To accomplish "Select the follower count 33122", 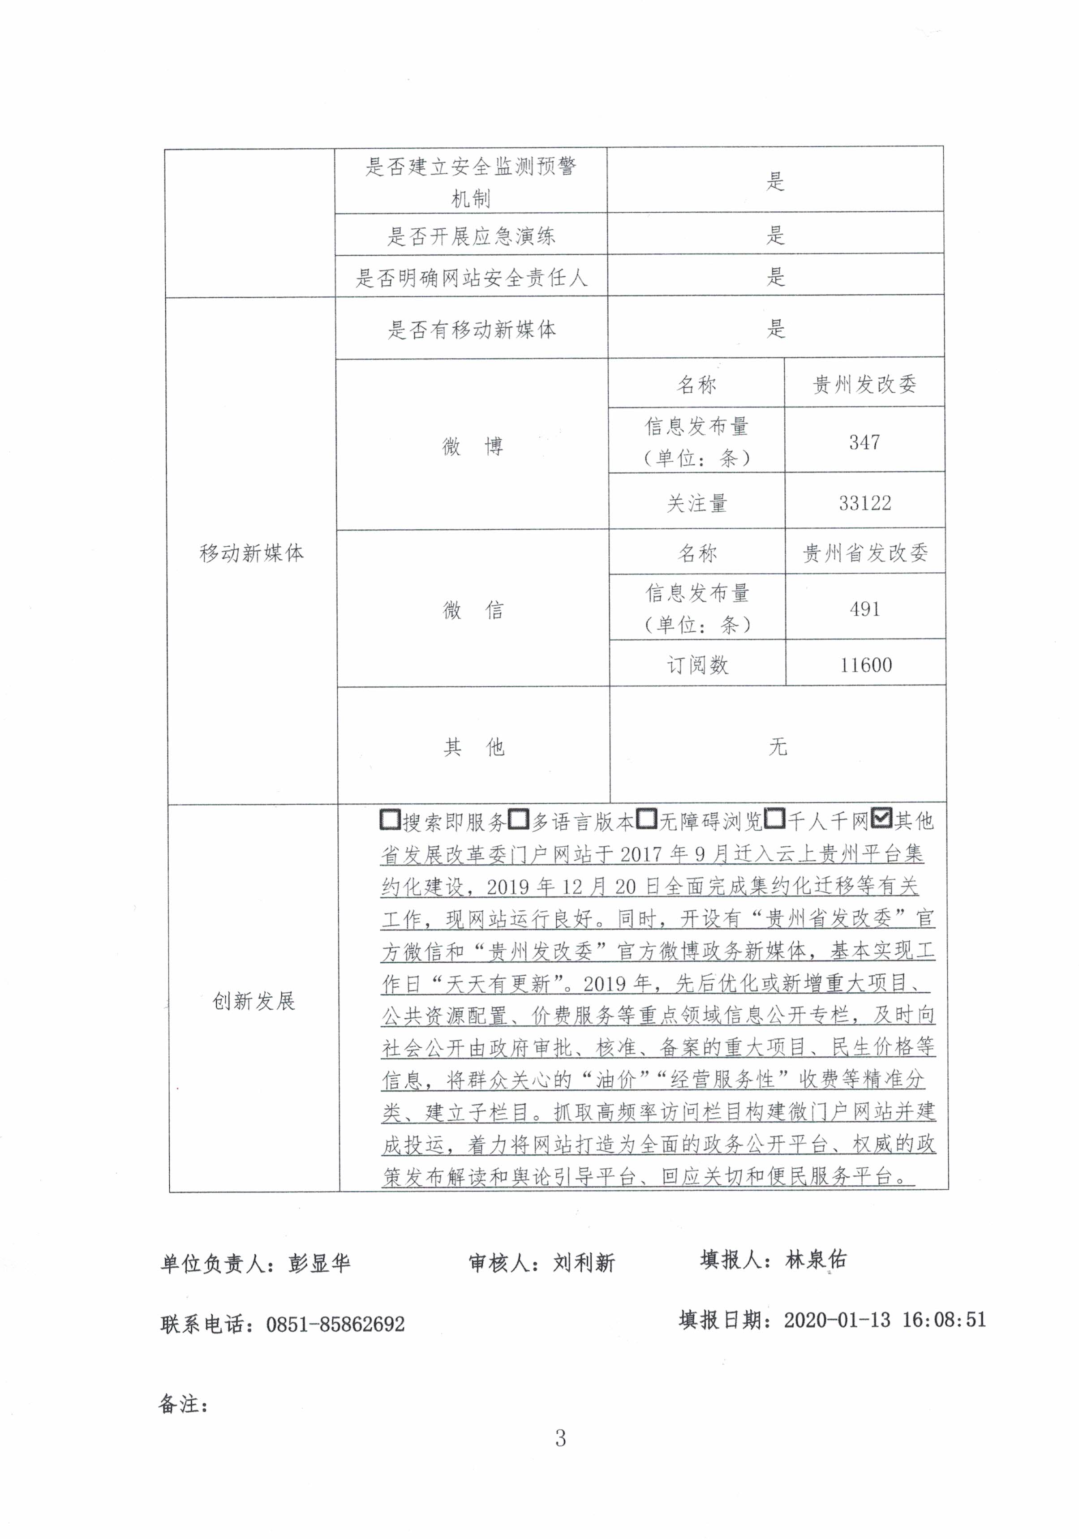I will [x=864, y=503].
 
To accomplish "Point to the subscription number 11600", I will [x=865, y=665].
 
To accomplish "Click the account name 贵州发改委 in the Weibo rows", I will [x=864, y=384].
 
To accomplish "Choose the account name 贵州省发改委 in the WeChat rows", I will [x=865, y=553].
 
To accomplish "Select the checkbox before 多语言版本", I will [x=518, y=819].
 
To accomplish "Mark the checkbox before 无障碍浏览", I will [x=646, y=819].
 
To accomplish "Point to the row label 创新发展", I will [x=254, y=1001].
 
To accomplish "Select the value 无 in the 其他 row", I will [x=777, y=746].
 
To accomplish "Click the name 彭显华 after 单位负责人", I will [x=319, y=1263].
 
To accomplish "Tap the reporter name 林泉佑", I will [x=816, y=1260].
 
